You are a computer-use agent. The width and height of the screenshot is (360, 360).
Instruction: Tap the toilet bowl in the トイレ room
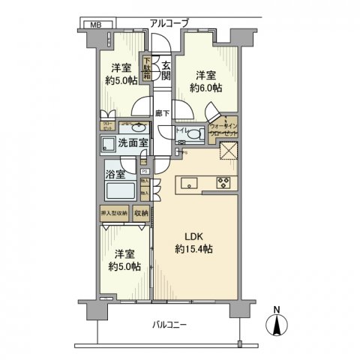pos(193,135)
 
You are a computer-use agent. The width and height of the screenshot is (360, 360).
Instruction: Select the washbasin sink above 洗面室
pos(122,128)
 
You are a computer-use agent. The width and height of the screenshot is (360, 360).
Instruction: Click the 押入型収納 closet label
pos(115,214)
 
